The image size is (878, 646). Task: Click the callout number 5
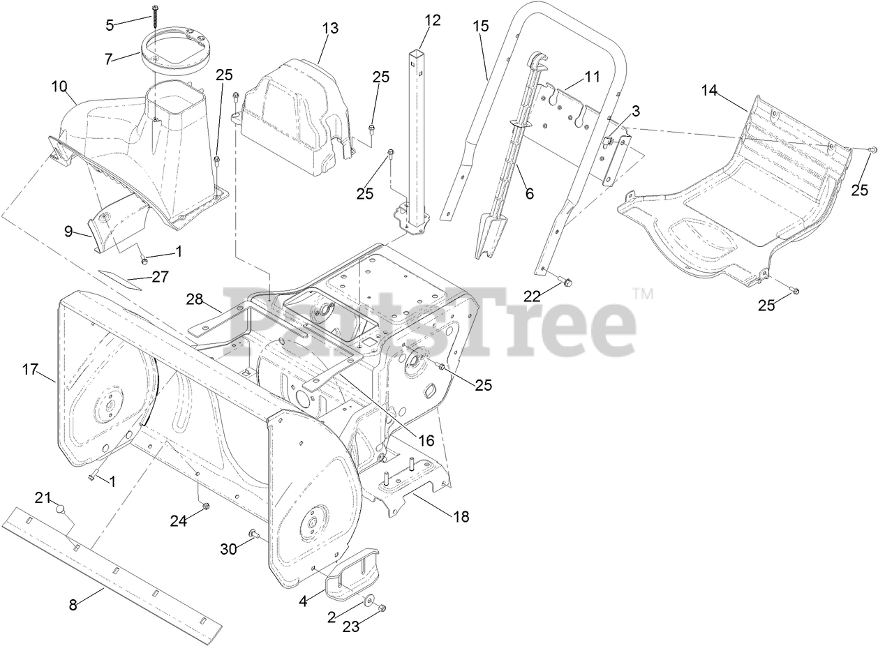coord(109,25)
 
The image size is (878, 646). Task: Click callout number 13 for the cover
coord(330,28)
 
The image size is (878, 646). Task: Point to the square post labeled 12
coord(417,133)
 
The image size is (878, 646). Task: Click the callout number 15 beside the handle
coord(481,27)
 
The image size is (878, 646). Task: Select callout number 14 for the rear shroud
coord(709,89)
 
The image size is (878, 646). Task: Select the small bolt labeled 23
coord(382,608)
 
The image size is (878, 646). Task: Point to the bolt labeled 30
coord(253,535)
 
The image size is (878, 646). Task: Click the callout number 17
coord(29,369)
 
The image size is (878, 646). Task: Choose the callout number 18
coord(461,516)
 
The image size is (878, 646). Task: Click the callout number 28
coord(194,299)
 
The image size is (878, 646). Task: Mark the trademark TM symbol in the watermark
coord(643,294)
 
